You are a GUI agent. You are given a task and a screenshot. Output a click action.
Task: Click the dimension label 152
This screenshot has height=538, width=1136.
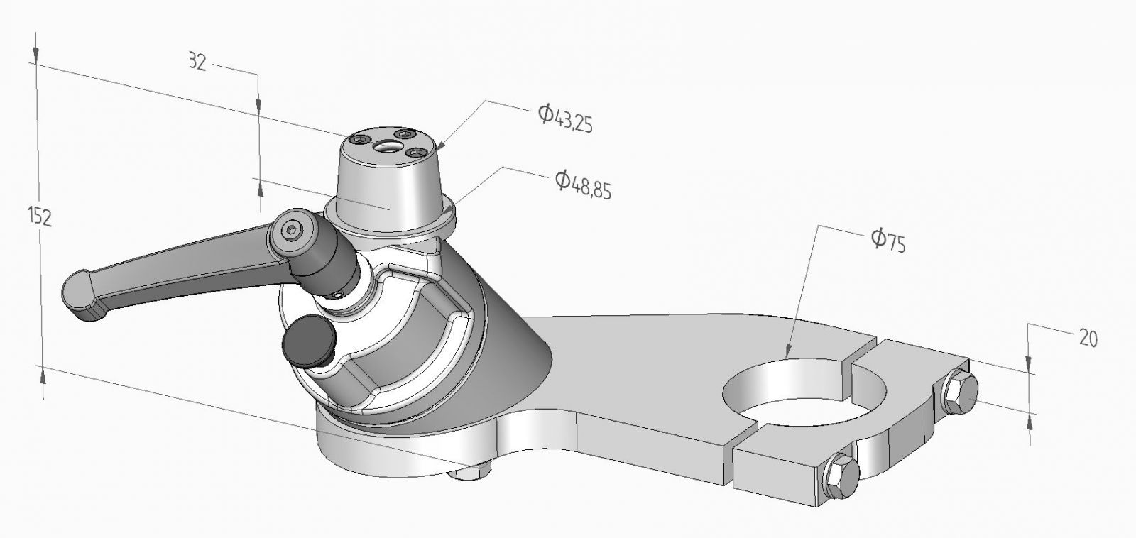click(40, 216)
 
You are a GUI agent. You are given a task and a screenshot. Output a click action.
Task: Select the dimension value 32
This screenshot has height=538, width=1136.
click(197, 62)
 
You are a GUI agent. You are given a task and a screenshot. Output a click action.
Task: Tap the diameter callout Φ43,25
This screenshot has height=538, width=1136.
click(565, 118)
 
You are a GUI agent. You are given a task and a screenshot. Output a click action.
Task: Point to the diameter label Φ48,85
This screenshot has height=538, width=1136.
click(583, 185)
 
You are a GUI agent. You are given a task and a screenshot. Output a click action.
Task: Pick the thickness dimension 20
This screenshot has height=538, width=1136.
click(1087, 339)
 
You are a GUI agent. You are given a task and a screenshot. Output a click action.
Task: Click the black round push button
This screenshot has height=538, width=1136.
click(308, 341)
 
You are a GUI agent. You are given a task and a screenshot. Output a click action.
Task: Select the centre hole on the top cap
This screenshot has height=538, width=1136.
click(388, 146)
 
